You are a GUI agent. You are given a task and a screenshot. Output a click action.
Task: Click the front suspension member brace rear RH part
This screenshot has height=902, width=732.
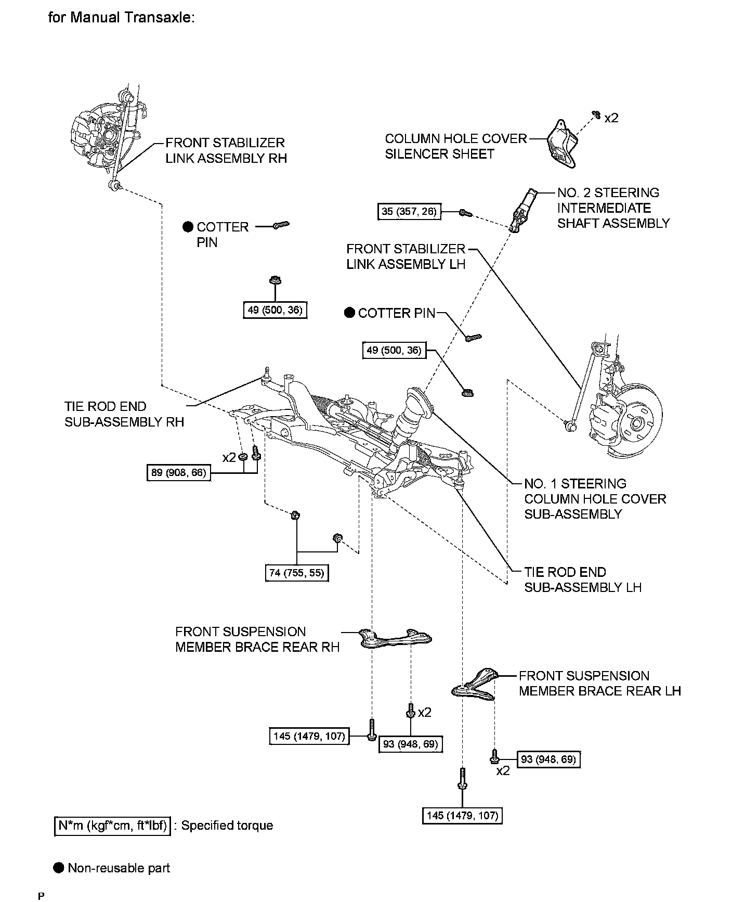coord(396,638)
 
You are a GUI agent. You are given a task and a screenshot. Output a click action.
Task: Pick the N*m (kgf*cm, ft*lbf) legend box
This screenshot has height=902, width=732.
coord(112,826)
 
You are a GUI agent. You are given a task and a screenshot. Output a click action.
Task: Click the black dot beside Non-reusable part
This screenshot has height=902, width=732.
coord(59,868)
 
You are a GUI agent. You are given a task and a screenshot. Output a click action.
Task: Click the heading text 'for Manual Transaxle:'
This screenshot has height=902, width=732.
coord(121,17)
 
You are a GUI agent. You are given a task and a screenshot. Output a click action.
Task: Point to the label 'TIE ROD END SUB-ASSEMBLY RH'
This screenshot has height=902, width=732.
coord(124,414)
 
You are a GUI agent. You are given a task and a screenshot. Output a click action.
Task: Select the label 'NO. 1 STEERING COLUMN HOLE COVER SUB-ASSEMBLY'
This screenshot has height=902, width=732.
coord(595,499)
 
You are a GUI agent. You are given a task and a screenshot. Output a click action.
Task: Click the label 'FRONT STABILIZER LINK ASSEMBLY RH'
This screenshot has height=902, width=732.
coord(226,150)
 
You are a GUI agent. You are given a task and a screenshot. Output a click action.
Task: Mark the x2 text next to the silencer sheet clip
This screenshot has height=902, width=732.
coord(611,118)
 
